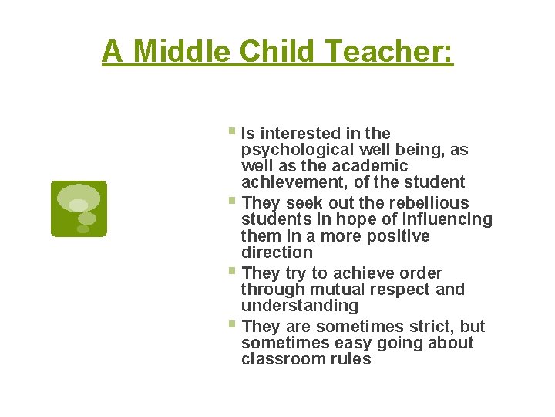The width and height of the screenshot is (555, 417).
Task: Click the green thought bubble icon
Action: click(x=79, y=208)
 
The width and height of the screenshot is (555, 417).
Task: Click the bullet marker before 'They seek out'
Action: click(x=234, y=202)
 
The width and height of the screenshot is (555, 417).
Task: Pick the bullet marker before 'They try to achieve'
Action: click(x=234, y=272)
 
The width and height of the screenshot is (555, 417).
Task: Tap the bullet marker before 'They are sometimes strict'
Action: click(x=234, y=325)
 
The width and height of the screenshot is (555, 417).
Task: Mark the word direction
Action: click(x=277, y=252)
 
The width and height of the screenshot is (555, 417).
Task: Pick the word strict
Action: click(x=432, y=327)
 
